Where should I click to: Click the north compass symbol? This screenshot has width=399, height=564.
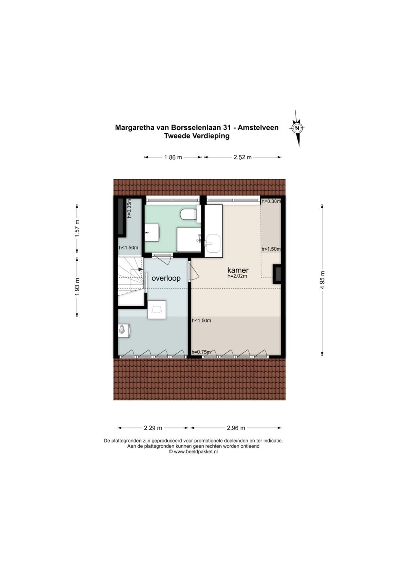[297, 128]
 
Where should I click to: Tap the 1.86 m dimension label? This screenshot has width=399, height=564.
[173, 157]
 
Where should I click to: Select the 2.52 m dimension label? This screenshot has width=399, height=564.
[242, 157]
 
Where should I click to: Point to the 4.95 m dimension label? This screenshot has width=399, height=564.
[323, 280]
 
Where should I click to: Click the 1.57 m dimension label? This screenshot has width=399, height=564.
[77, 228]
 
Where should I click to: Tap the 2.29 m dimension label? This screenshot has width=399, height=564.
[153, 428]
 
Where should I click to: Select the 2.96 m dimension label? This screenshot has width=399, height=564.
[236, 428]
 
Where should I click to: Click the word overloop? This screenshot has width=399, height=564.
[166, 278]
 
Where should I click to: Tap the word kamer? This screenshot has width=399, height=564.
[238, 270]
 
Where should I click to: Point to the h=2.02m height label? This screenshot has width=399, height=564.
[237, 276]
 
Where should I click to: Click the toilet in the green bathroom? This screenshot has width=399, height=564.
[188, 214]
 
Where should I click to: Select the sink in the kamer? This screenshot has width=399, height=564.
[213, 243]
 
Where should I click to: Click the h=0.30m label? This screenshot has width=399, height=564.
[271, 201]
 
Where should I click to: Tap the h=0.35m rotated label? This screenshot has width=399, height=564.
[129, 208]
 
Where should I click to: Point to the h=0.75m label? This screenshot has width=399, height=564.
[201, 352]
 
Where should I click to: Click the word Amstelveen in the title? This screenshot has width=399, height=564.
[258, 128]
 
